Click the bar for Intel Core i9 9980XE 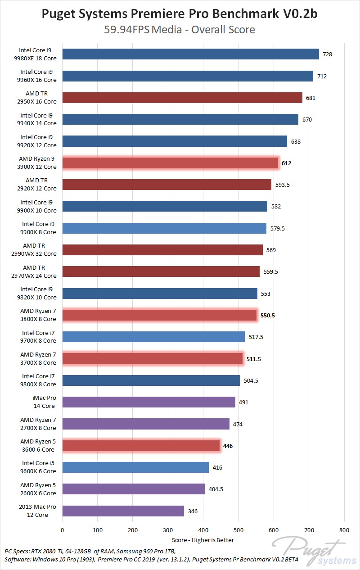[190, 54]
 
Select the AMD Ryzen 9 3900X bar [170, 163]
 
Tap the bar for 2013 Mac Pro [123, 511]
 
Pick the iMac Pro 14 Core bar [148, 402]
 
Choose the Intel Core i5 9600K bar [135, 467]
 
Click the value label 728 [328, 54]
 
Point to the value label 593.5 [282, 185]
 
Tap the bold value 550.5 [267, 315]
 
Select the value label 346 [193, 511]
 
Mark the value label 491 [243, 402]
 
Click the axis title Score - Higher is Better [203, 540]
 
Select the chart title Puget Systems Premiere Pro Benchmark [180, 14]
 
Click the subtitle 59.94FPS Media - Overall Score [180, 30]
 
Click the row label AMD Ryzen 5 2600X [38, 489]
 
